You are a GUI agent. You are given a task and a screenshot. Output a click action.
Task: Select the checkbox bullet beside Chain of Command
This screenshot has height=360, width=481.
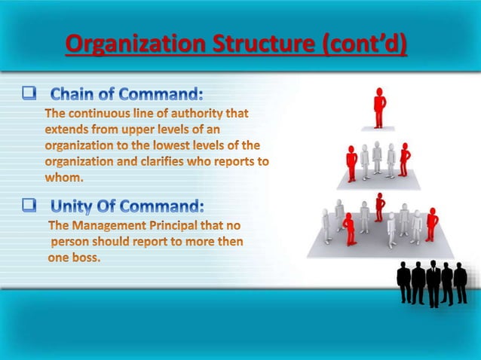pyautogui.click(x=29, y=94)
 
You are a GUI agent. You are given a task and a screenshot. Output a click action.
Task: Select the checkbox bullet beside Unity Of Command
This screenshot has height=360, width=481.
pyautogui.click(x=29, y=203)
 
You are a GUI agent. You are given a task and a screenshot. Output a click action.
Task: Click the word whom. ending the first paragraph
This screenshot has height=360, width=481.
pyautogui.click(x=63, y=178)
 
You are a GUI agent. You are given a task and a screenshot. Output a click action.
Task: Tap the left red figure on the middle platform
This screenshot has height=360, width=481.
pyautogui.click(x=351, y=163)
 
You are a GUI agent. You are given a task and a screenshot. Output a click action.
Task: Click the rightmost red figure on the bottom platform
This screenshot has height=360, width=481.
pyautogui.click(x=431, y=224)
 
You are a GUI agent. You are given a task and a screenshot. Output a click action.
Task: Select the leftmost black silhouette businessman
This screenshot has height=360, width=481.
pyautogui.click(x=405, y=282)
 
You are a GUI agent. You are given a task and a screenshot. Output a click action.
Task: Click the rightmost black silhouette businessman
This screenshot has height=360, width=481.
pyautogui.click(x=460, y=283)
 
